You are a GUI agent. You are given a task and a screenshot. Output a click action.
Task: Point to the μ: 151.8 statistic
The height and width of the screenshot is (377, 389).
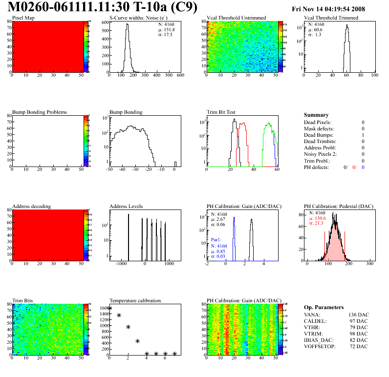point(166,29)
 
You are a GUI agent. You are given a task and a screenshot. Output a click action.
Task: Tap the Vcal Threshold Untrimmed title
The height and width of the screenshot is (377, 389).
point(237,18)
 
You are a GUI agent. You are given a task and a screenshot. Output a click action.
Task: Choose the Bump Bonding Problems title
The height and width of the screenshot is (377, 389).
point(40,112)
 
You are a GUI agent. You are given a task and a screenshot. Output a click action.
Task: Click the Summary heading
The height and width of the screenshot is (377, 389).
point(316,115)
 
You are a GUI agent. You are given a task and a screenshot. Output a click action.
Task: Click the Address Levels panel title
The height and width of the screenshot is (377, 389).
point(126,207)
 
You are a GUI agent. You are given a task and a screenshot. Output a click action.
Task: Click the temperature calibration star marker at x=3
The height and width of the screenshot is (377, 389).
point(137,341)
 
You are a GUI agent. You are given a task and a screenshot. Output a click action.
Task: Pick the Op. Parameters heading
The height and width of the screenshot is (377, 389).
point(322,307)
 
